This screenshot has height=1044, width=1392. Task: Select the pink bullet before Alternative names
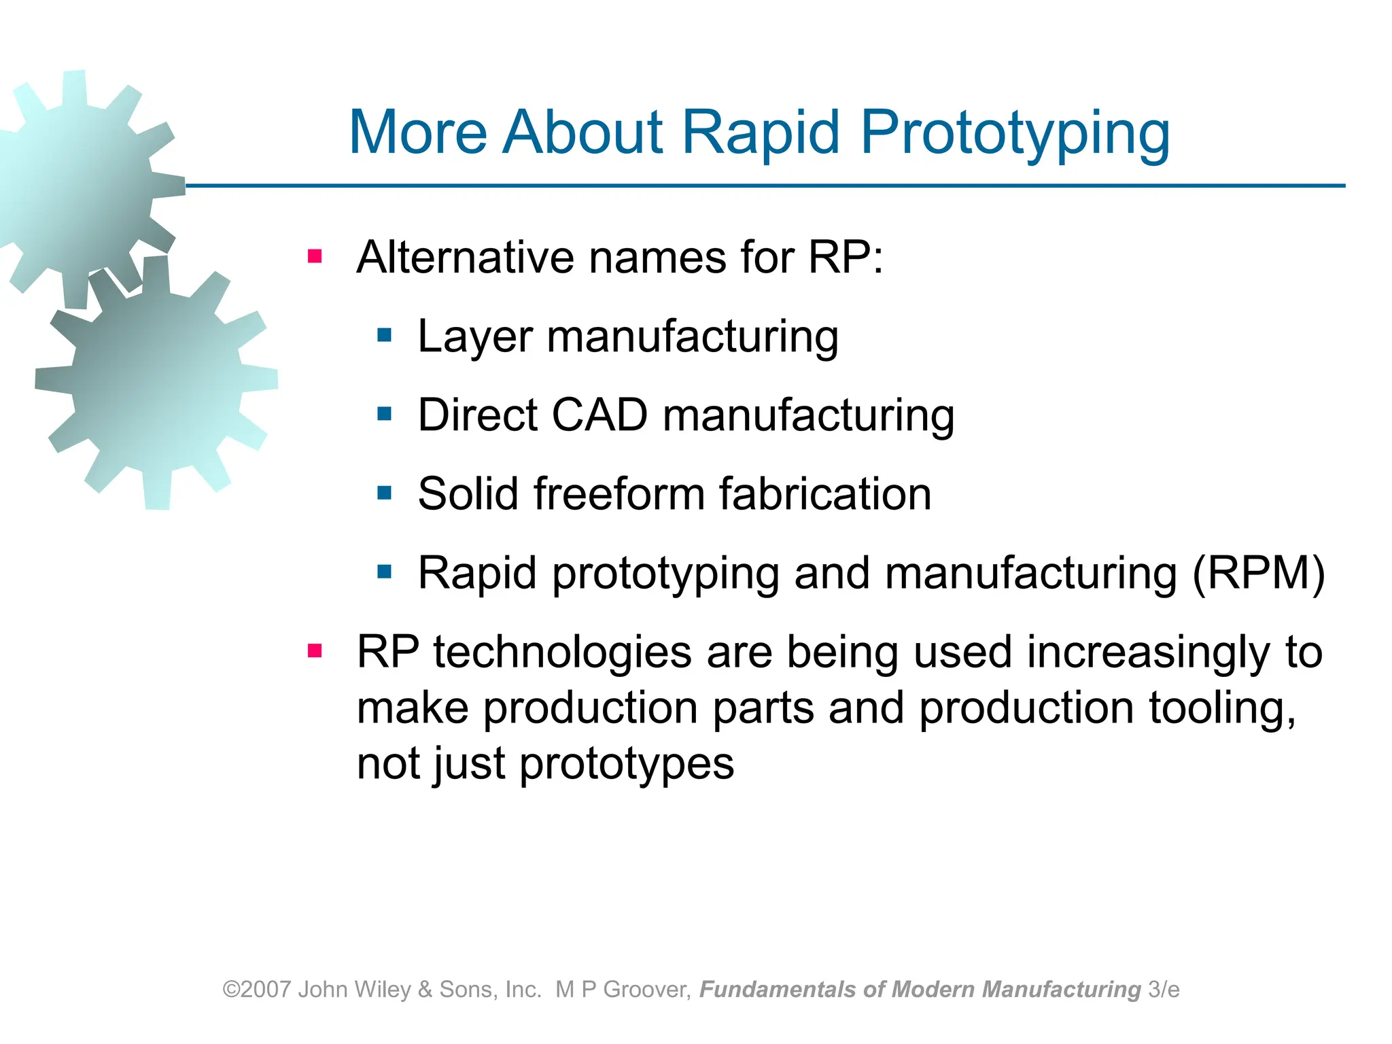click(x=314, y=256)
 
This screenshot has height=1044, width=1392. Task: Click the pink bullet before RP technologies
click(x=314, y=651)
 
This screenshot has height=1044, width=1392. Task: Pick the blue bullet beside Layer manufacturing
click(x=385, y=335)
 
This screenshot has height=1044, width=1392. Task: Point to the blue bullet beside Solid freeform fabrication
click(x=385, y=493)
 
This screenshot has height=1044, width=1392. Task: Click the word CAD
click(x=599, y=415)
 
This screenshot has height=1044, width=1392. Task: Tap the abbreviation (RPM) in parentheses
click(x=1259, y=573)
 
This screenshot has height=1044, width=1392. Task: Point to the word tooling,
click(x=1222, y=708)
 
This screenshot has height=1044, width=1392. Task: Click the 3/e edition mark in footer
click(x=1164, y=990)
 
